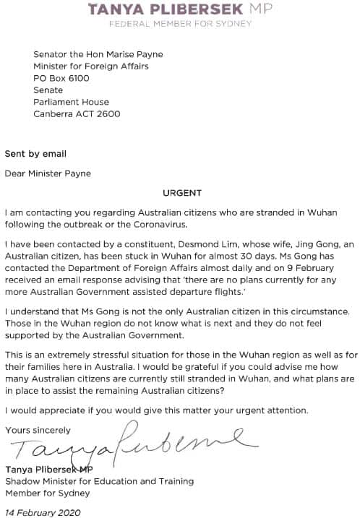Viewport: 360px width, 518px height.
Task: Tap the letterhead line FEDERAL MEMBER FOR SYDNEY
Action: tap(180, 24)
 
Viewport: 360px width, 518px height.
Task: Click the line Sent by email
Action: tap(35, 154)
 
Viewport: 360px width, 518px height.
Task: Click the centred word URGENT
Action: tap(180, 194)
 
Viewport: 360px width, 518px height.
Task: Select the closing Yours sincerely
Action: tap(38, 431)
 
